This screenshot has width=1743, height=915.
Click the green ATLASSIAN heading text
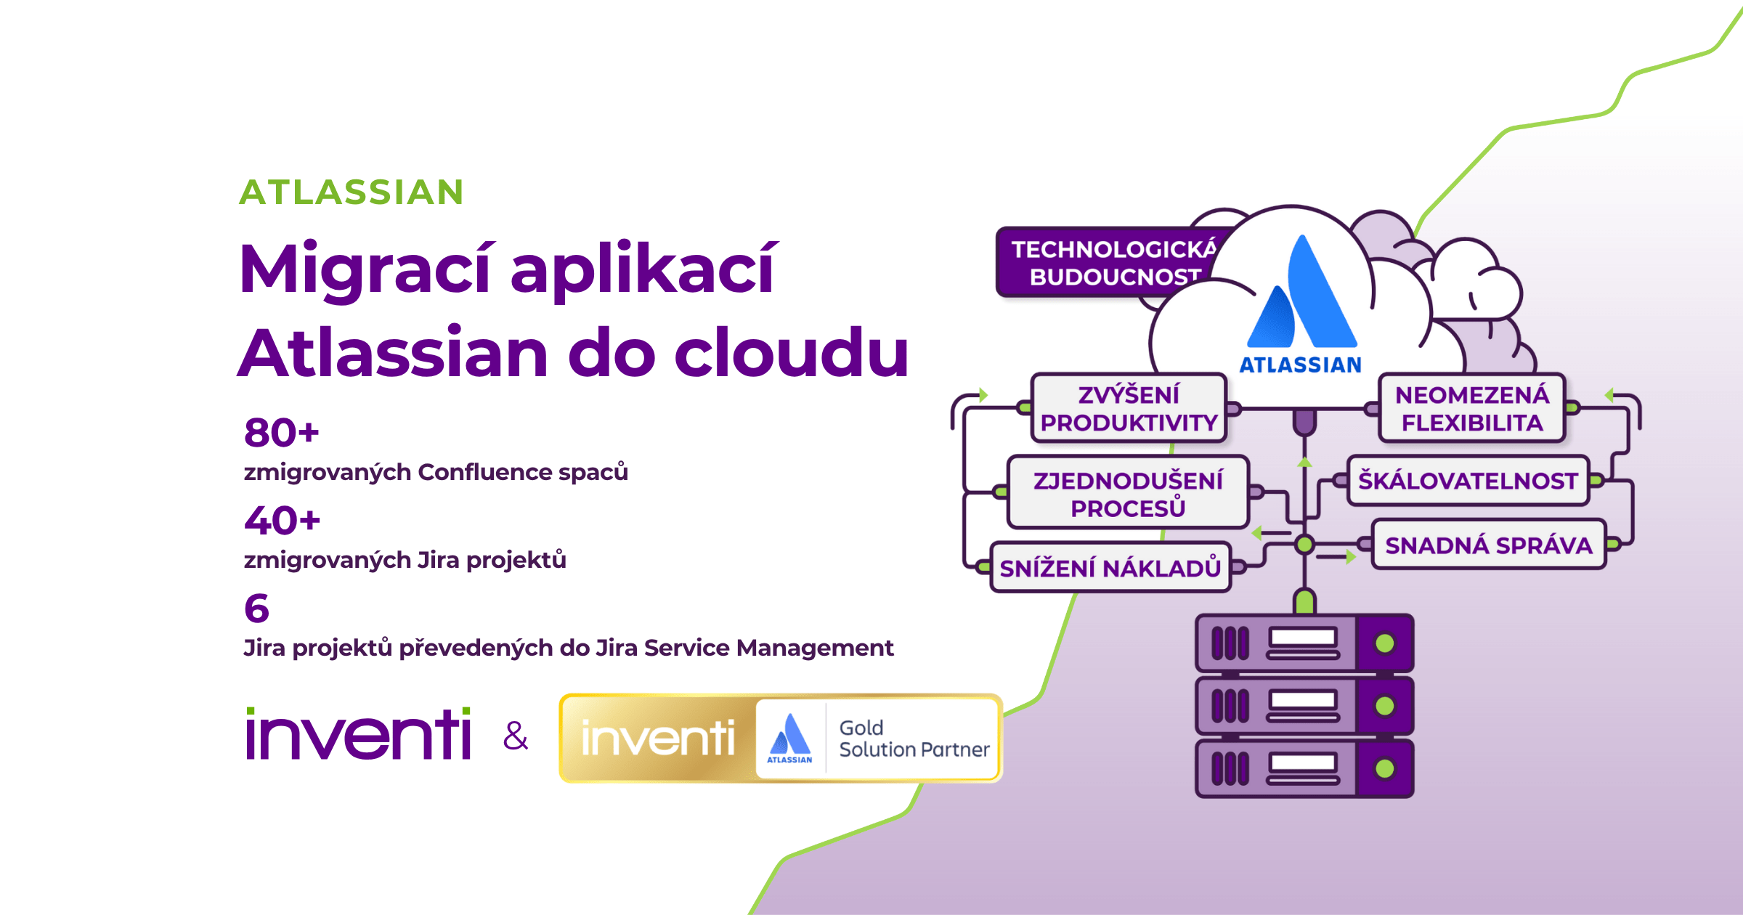[x=352, y=192]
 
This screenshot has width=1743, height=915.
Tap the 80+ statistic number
[x=282, y=433]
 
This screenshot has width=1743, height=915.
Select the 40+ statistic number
[x=283, y=521]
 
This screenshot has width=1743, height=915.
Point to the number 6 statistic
[x=256, y=609]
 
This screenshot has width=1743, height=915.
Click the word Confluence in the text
[x=484, y=473]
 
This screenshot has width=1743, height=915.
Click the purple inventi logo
[x=359, y=734]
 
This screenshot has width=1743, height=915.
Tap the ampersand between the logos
[x=516, y=736]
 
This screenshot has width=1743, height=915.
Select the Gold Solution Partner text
[x=913, y=739]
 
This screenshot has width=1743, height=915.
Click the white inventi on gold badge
[x=657, y=739]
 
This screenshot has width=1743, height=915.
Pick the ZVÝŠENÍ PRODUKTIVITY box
[x=1129, y=409]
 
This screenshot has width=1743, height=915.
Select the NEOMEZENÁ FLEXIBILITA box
[x=1472, y=409]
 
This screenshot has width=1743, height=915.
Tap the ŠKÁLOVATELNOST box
[x=1468, y=481]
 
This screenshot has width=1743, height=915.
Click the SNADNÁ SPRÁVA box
[x=1488, y=545]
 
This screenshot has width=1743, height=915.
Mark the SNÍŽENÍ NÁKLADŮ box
[x=1110, y=568]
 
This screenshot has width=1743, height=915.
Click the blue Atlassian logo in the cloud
[x=1301, y=294]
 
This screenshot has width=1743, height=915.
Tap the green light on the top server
[x=1385, y=643]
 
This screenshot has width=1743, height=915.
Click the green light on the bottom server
[x=1385, y=769]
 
